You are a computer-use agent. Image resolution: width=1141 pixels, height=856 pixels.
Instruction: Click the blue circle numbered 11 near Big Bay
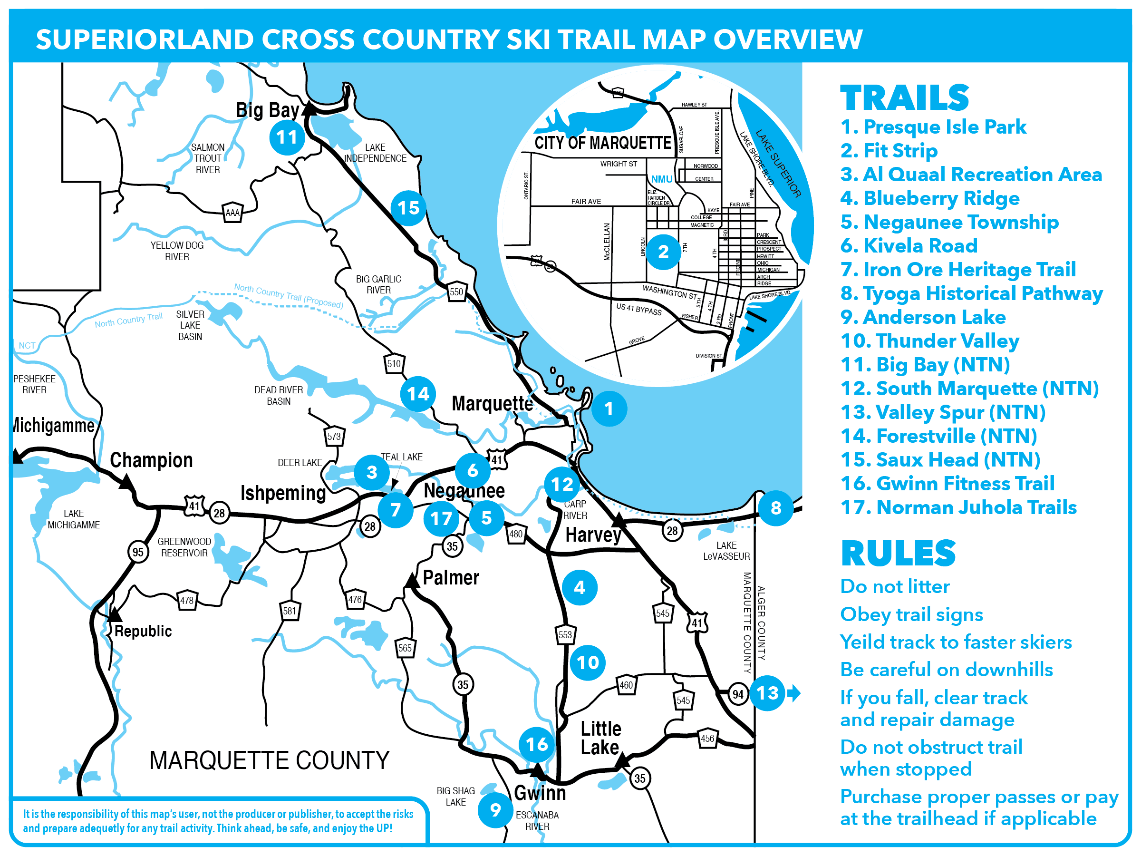[x=287, y=137]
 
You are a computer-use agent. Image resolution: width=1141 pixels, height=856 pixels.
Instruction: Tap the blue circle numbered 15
[x=408, y=208]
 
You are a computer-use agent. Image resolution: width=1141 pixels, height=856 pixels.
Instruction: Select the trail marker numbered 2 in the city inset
[x=663, y=252]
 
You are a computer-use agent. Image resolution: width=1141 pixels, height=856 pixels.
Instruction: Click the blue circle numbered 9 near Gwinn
[x=495, y=809]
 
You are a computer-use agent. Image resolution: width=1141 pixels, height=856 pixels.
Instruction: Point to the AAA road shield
[x=232, y=213]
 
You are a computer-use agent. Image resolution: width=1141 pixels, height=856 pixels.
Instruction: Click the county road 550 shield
[x=456, y=292]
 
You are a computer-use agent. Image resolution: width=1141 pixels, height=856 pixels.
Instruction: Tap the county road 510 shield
[x=394, y=363]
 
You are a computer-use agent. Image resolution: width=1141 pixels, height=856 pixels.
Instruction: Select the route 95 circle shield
[x=138, y=552]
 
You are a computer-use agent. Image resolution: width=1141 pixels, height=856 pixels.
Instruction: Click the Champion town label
[x=151, y=460]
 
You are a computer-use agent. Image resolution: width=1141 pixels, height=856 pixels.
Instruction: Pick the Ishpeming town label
[x=283, y=493]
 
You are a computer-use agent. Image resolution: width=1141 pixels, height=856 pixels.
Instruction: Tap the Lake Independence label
[x=375, y=153]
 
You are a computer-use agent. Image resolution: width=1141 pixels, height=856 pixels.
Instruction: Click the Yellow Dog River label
[x=177, y=251]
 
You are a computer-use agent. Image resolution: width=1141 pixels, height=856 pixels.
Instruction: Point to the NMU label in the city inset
[x=661, y=179]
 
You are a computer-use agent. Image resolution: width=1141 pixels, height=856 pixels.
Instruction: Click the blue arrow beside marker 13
[x=794, y=692]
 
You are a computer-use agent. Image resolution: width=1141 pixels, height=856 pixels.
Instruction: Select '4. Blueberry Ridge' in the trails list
[x=929, y=198]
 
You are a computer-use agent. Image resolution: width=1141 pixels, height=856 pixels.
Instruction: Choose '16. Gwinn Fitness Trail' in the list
[x=947, y=484]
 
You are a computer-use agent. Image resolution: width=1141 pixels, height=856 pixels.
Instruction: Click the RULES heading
[x=898, y=553]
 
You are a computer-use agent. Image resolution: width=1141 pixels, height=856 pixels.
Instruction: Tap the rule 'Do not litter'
[x=894, y=586]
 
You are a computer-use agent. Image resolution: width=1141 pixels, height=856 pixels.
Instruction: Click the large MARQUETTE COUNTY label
[x=269, y=760]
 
